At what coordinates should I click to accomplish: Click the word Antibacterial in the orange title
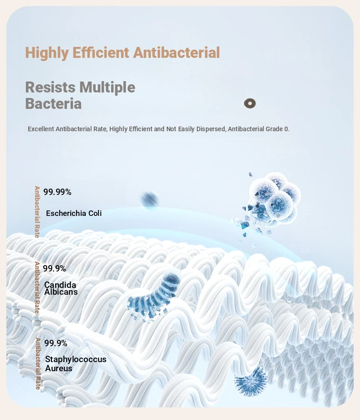click(x=176, y=52)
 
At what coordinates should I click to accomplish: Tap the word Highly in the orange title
click(x=47, y=53)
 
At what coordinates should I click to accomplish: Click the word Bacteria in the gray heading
click(x=53, y=104)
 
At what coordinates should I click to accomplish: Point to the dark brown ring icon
click(x=250, y=103)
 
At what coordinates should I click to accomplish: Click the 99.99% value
click(x=57, y=192)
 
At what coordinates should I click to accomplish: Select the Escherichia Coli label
click(x=74, y=213)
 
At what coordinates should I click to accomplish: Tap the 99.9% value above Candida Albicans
click(x=54, y=268)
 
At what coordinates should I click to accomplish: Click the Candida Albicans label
click(x=61, y=288)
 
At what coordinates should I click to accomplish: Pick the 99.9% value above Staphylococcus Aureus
click(x=56, y=343)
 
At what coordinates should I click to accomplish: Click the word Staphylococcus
click(x=76, y=359)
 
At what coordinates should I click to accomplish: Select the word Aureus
click(x=59, y=369)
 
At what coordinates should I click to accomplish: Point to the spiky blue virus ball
click(x=251, y=381)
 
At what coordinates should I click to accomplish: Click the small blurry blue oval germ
click(x=150, y=200)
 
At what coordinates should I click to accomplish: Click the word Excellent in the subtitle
click(x=41, y=129)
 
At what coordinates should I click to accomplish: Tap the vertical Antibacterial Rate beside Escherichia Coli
click(x=37, y=212)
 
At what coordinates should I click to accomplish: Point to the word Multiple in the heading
click(x=108, y=87)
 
